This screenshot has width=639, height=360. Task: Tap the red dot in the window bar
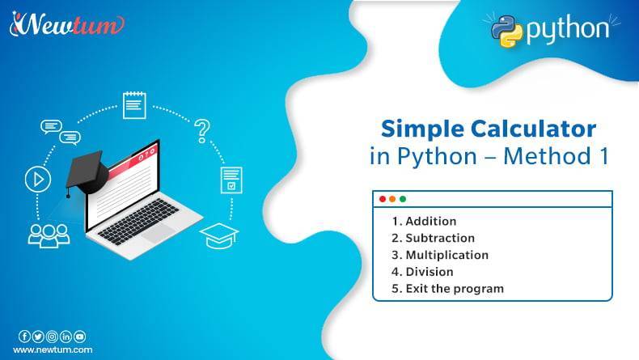pos(383,199)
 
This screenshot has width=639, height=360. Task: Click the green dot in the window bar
pos(403,199)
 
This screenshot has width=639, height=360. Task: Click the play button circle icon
pos(37,180)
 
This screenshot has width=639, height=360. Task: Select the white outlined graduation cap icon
pos(219,235)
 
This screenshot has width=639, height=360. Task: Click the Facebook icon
pos(24,337)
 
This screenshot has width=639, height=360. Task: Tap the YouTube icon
pos(79,337)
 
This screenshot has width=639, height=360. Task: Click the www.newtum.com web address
pos(53,350)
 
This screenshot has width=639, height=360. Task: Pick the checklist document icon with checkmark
pos(231,180)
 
